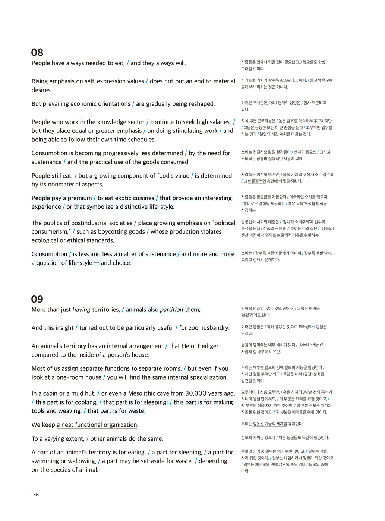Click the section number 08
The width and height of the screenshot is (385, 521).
click(37, 52)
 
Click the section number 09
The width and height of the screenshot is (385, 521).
click(37, 299)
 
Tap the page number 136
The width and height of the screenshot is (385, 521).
click(35, 495)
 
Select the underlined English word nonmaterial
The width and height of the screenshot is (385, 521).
click(64, 185)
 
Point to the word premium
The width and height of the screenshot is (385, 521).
click(79, 198)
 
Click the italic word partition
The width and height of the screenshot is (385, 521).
click(171, 310)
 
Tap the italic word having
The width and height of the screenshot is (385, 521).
click(81, 310)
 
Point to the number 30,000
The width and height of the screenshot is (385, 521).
click(196, 394)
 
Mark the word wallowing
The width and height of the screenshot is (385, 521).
click(80, 461)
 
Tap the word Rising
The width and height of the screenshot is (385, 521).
click(40, 81)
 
